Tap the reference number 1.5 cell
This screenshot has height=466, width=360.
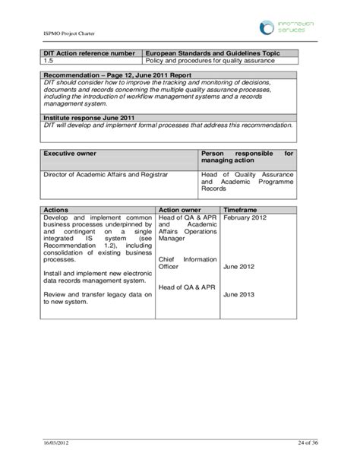[49, 60]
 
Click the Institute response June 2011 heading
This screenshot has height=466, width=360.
[84, 118]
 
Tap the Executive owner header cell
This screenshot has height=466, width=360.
[70, 153]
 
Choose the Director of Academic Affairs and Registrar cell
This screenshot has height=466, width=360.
[106, 174]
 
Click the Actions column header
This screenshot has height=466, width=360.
[56, 209]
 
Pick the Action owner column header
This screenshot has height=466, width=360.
[179, 209]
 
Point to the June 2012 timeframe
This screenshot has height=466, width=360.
[238, 267]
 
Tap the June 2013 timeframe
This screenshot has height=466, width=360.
[238, 295]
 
